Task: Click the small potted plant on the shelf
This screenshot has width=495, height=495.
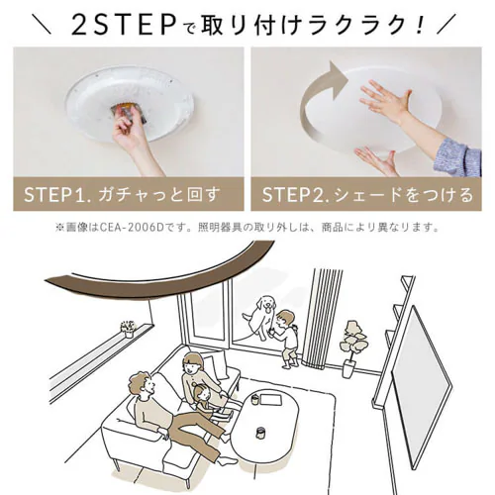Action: click(128, 328)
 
